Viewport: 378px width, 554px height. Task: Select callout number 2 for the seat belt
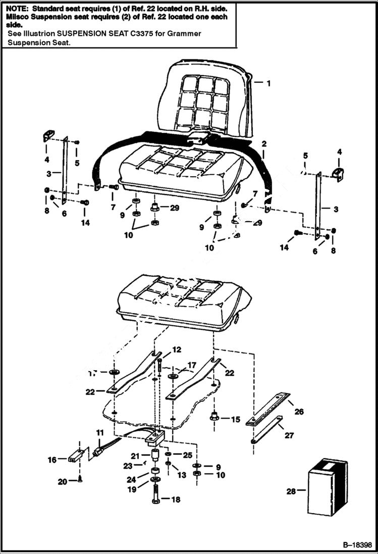point(263,144)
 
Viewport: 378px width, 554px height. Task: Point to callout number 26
point(299,412)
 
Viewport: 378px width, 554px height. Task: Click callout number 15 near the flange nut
point(235,419)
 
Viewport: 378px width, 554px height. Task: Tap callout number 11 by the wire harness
point(100,433)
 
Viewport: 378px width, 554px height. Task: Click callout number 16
point(51,460)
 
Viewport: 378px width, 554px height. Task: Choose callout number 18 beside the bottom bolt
point(175,500)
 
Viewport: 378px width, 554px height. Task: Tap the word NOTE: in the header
point(16,9)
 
